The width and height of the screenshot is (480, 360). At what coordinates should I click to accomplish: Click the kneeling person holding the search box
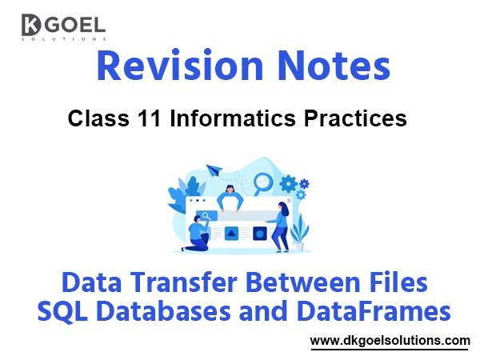[x=198, y=233]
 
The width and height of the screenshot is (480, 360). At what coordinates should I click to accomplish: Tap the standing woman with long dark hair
[x=281, y=225]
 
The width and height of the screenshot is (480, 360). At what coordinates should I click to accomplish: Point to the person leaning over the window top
[x=230, y=196]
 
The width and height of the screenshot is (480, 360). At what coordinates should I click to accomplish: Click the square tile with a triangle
[x=231, y=234]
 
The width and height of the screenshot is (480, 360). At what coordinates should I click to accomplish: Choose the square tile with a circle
[x=258, y=234]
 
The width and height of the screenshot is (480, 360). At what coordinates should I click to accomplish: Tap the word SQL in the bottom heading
[x=66, y=310]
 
